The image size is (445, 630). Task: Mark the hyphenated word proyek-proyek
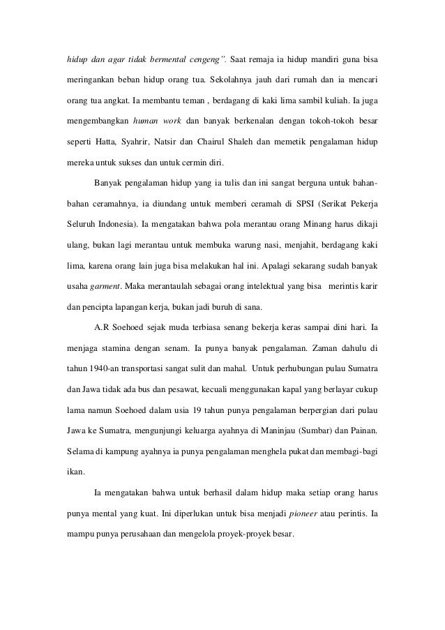click(x=240, y=538)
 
